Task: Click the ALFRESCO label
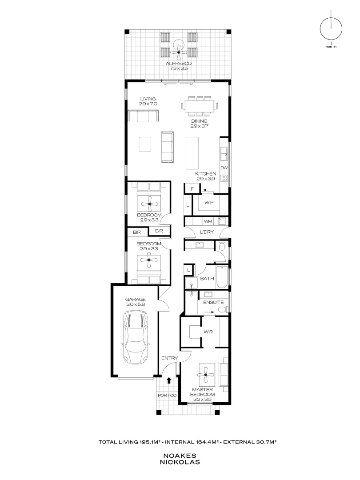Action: pos(179,64)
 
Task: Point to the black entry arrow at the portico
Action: pos(169,380)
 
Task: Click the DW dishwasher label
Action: pos(224,168)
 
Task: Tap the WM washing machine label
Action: pos(208,221)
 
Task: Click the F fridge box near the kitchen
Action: pos(192,189)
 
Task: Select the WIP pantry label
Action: pos(209,203)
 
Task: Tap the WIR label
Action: pos(208,332)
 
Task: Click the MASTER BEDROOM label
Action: pos(202,392)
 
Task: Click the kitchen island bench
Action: pos(192,150)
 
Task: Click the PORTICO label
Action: pos(167,395)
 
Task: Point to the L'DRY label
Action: pos(207,232)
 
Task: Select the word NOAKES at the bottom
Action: pos(180,456)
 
